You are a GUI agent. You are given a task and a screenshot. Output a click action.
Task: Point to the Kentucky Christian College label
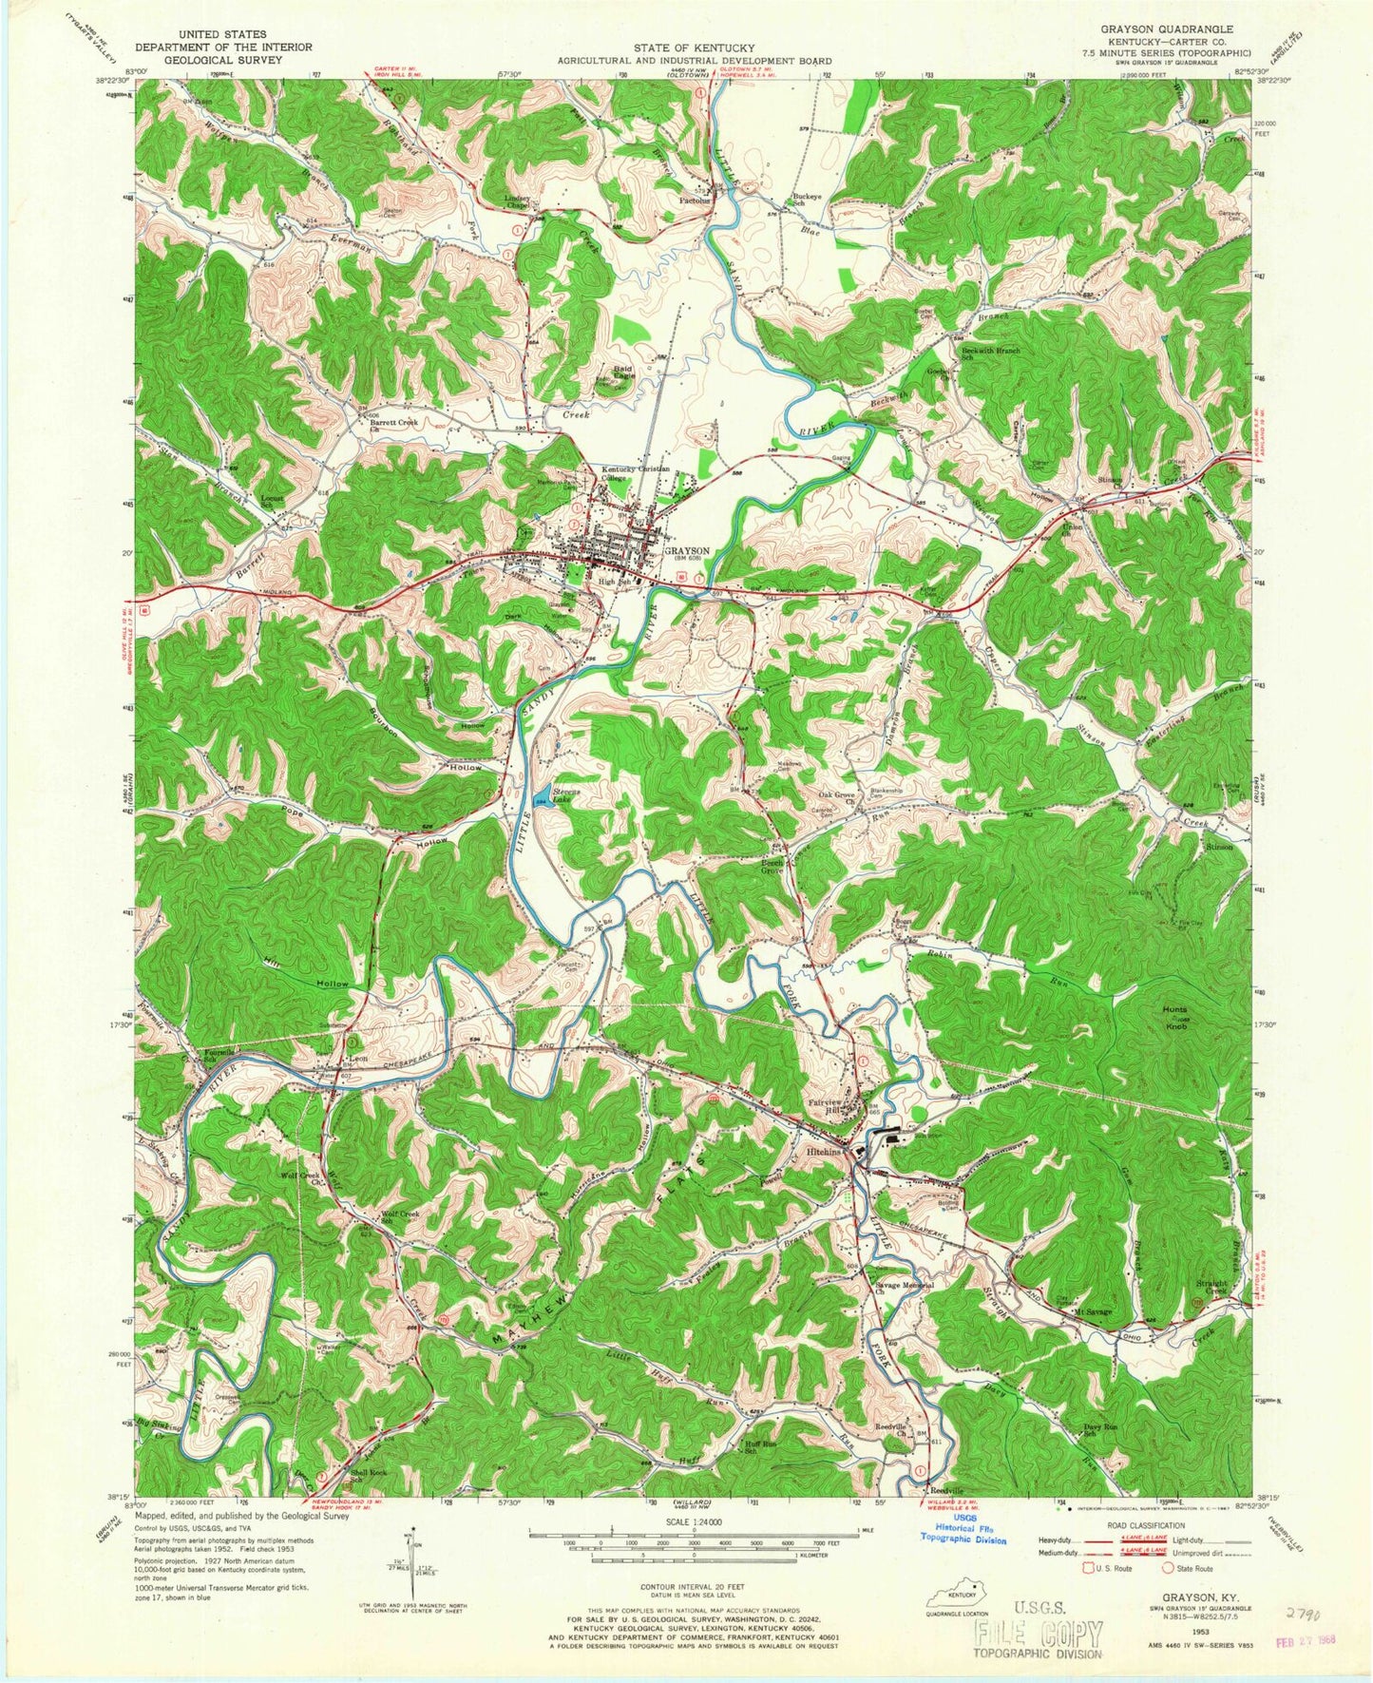click(635, 473)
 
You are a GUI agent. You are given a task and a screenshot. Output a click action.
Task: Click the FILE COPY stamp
click(1040, 1634)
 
